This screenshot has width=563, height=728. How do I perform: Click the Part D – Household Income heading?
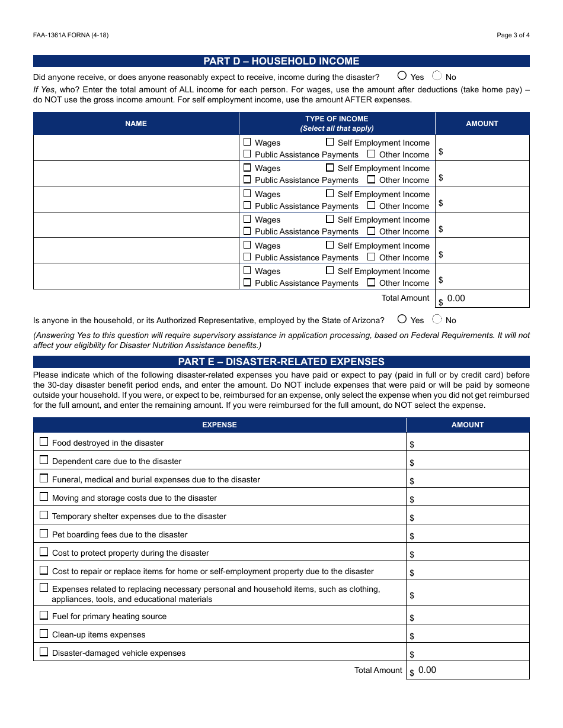[281, 61]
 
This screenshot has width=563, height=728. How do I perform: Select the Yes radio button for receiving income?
[402, 76]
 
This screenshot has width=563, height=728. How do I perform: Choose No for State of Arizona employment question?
[437, 319]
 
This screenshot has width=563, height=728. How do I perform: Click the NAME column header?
[136, 124]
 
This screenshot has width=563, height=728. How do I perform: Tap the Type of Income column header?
[337, 124]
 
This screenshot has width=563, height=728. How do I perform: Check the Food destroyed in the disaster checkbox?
[44, 442]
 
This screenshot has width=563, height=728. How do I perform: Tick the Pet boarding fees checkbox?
[44, 533]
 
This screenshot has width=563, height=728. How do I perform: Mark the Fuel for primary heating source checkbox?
[44, 615]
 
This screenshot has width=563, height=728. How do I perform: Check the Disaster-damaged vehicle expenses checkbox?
[44, 652]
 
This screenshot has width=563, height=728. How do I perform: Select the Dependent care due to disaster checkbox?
[44, 460]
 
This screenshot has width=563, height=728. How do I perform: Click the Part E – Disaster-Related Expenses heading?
[281, 362]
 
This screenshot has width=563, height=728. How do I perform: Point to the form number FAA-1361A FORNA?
[71, 35]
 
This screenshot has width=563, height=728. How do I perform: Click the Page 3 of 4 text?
[513, 35]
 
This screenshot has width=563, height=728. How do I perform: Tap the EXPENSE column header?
[219, 425]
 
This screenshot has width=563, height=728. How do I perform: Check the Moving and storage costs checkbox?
[44, 497]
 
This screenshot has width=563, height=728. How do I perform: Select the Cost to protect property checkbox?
[44, 552]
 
